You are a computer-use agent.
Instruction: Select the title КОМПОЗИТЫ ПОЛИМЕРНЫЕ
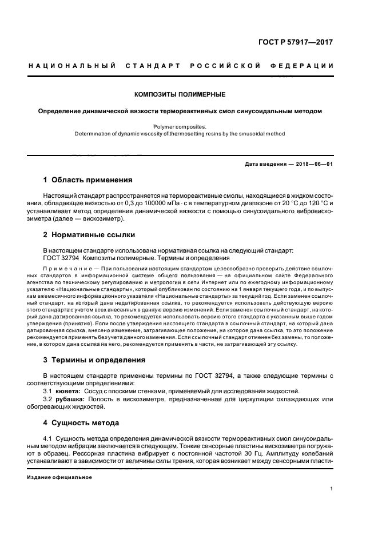[x=180, y=94]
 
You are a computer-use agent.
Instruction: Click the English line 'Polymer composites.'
[x=180, y=126]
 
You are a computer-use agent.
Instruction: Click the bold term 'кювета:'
[x=69, y=390]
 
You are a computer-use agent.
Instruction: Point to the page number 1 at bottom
[x=332, y=489]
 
